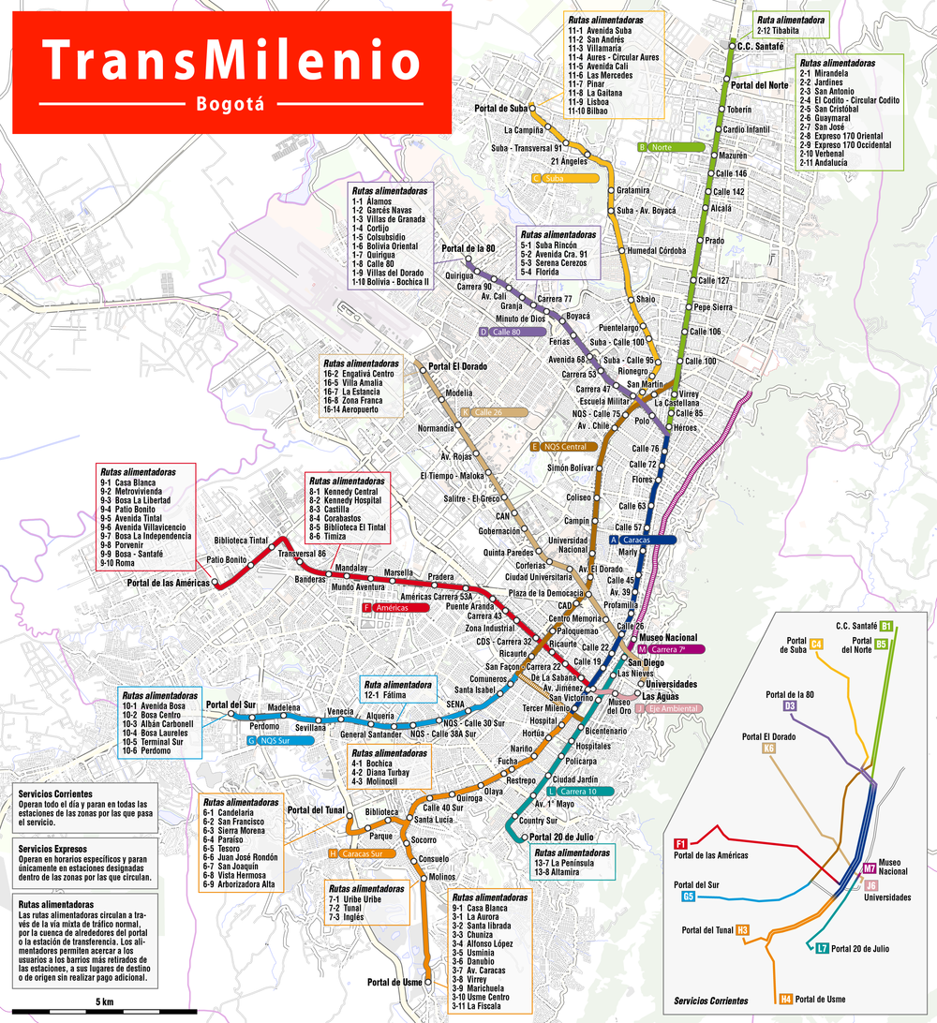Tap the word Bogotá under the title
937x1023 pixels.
click(x=231, y=103)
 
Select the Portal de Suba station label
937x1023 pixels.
click(x=500, y=109)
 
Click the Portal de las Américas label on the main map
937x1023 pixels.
click(x=168, y=583)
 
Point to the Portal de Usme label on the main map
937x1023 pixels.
click(x=393, y=982)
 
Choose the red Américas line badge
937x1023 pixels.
click(x=394, y=608)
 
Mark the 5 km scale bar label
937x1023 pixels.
click(x=104, y=1002)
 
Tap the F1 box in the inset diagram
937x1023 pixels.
click(x=681, y=843)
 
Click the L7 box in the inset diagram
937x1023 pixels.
click(x=822, y=948)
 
